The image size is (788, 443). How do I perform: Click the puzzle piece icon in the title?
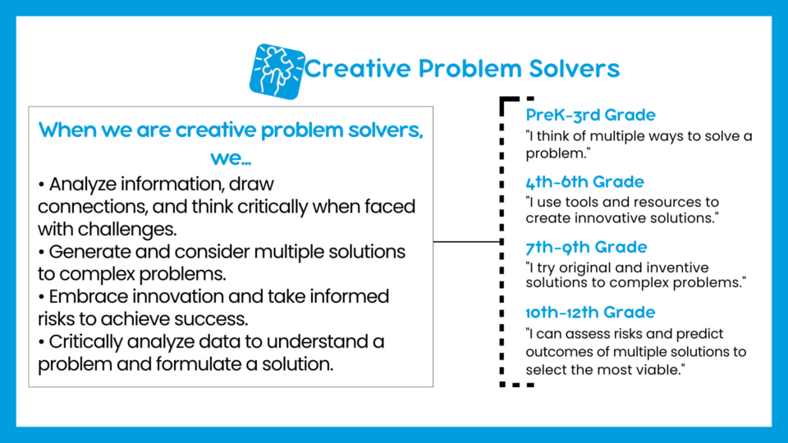tap(277, 71)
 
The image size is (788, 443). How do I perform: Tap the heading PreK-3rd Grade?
tap(590, 115)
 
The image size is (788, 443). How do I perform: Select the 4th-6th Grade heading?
tap(584, 182)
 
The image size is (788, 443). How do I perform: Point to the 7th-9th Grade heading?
tap(586, 247)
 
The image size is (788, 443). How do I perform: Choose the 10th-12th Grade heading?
tap(590, 313)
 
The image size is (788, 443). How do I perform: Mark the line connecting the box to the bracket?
tap(467, 241)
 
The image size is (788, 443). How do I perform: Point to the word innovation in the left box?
tap(178, 296)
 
